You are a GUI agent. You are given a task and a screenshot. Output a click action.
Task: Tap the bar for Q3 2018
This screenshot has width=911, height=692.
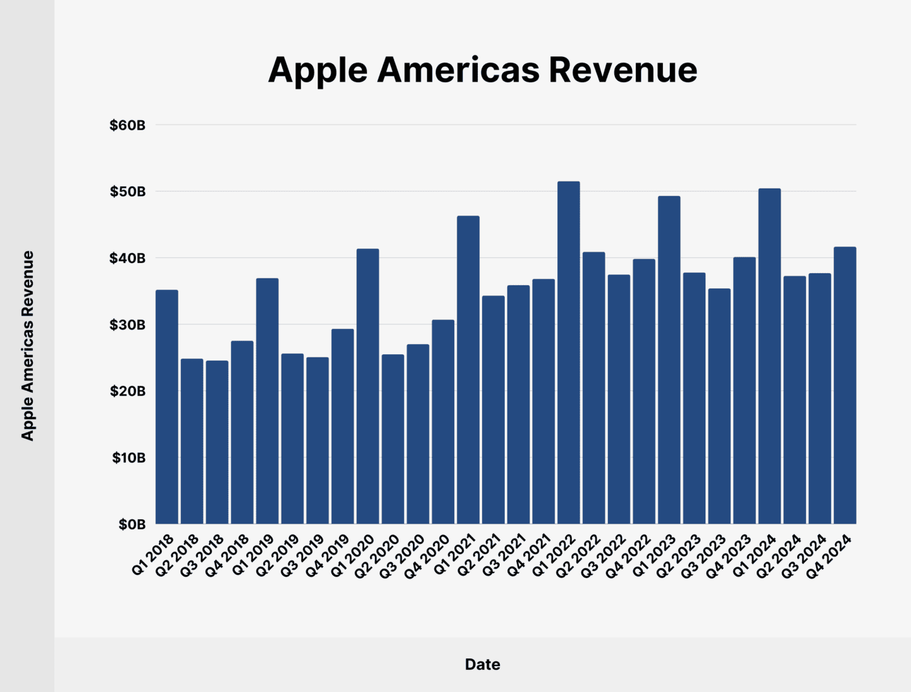coord(217,442)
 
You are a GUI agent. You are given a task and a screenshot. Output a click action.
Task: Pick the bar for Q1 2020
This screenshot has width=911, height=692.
coord(368,386)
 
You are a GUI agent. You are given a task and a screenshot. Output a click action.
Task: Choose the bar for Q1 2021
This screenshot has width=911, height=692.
coord(468,370)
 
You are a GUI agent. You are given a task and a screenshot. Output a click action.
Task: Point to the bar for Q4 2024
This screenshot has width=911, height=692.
coord(845,385)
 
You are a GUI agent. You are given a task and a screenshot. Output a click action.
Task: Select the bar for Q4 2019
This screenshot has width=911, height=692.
coord(342,426)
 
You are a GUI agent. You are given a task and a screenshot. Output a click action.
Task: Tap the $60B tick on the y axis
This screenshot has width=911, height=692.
coord(127,125)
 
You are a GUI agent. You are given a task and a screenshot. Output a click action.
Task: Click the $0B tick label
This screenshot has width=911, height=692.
coord(132,524)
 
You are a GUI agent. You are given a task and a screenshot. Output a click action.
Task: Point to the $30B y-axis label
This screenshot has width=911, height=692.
coord(127,325)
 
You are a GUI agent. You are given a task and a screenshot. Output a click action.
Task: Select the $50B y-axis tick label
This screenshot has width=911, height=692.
coord(127,192)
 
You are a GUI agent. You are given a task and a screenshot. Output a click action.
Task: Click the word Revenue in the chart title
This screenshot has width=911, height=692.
coord(623,70)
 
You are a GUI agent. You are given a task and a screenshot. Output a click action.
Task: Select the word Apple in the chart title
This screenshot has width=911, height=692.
coord(318,71)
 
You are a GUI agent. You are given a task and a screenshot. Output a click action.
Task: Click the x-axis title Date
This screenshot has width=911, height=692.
coord(482,664)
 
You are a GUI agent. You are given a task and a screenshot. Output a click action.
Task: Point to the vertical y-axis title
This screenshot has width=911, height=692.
coord(27,345)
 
